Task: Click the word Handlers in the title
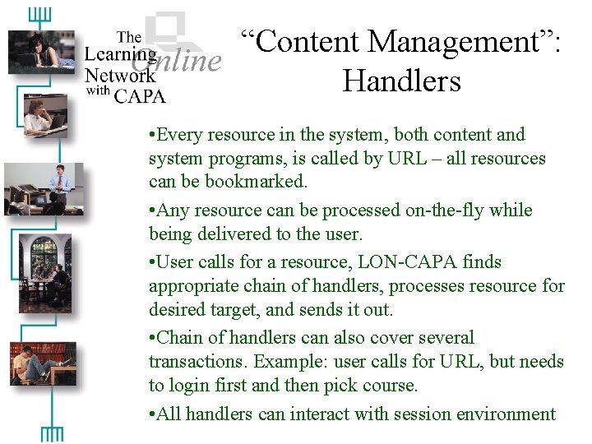point(401,81)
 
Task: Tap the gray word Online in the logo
point(177,60)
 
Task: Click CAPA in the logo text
point(140,95)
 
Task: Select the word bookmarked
point(261,181)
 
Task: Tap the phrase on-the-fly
point(447,210)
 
